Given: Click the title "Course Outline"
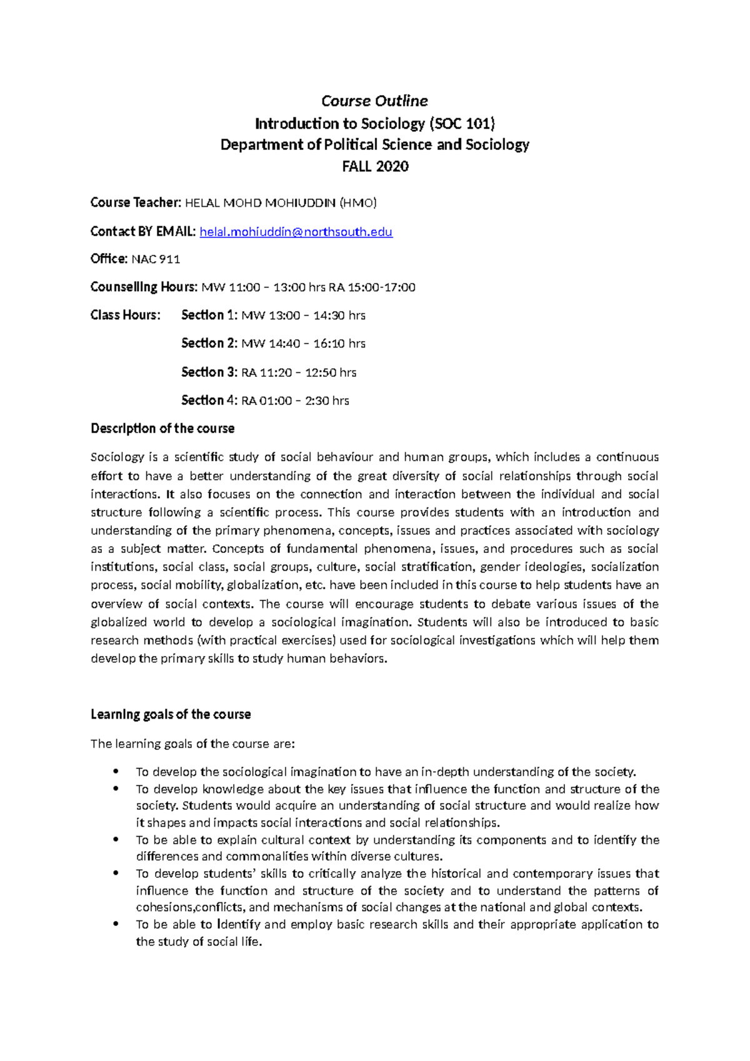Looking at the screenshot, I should [374, 101].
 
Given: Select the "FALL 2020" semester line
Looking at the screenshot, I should [375, 166].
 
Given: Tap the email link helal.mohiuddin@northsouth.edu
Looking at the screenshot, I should [296, 232].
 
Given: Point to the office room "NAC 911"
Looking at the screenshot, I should [156, 259].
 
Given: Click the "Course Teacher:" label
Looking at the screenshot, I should [136, 202].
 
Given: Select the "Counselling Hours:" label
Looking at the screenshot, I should [144, 287].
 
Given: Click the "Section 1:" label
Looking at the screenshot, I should [209, 316].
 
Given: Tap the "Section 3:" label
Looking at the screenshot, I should [209, 372].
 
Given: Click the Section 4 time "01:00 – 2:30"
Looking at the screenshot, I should [289, 401].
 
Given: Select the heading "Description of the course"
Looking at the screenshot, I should [162, 429].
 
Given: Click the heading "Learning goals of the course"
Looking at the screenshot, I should [171, 714].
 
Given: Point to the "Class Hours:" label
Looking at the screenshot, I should [125, 316].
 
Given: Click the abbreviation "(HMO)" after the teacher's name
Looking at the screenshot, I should [357, 203].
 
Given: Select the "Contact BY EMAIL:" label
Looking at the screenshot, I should [143, 232].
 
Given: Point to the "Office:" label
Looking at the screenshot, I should [109, 259].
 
